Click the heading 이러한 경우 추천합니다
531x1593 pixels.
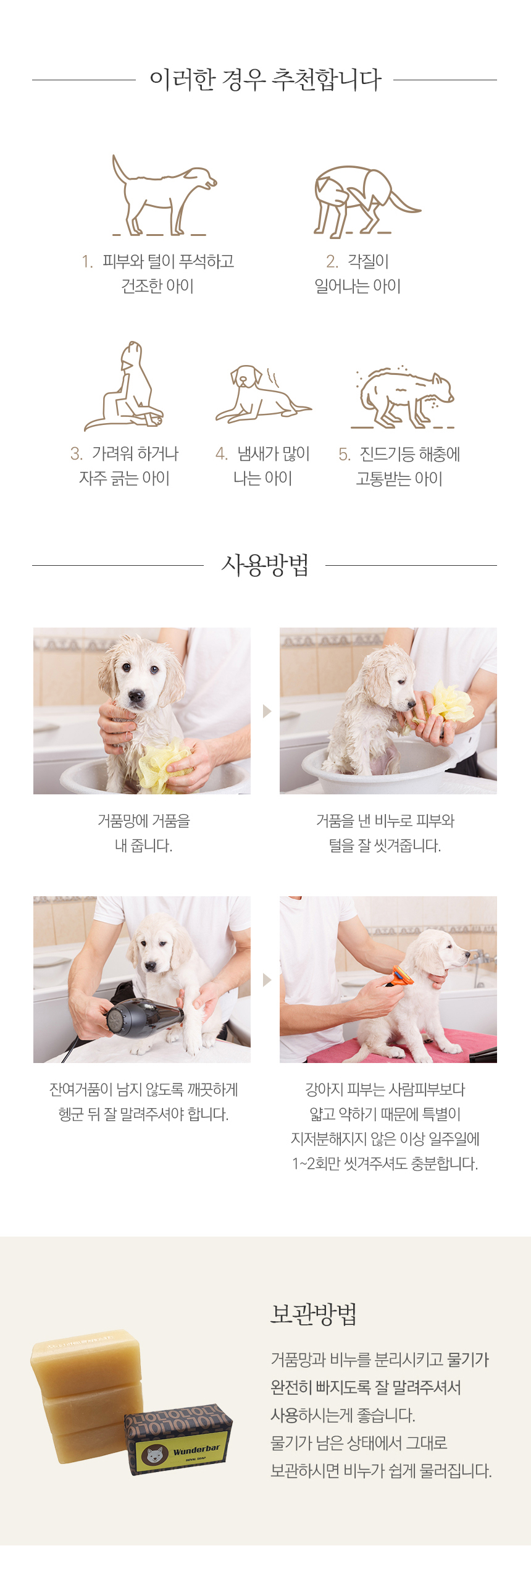click(265, 80)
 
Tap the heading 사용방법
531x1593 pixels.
click(264, 565)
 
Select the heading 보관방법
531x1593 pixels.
click(314, 1313)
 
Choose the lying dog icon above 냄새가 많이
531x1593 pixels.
click(262, 393)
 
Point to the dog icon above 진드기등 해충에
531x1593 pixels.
click(404, 397)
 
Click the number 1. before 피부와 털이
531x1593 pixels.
click(87, 261)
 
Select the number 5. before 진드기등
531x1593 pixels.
click(345, 455)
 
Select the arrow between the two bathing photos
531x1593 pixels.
click(267, 710)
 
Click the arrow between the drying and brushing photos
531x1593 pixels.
click(267, 980)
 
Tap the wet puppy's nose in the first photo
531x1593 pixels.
click(135, 697)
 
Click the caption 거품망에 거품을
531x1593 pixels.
click(143, 821)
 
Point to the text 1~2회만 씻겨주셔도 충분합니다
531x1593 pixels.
click(385, 1163)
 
